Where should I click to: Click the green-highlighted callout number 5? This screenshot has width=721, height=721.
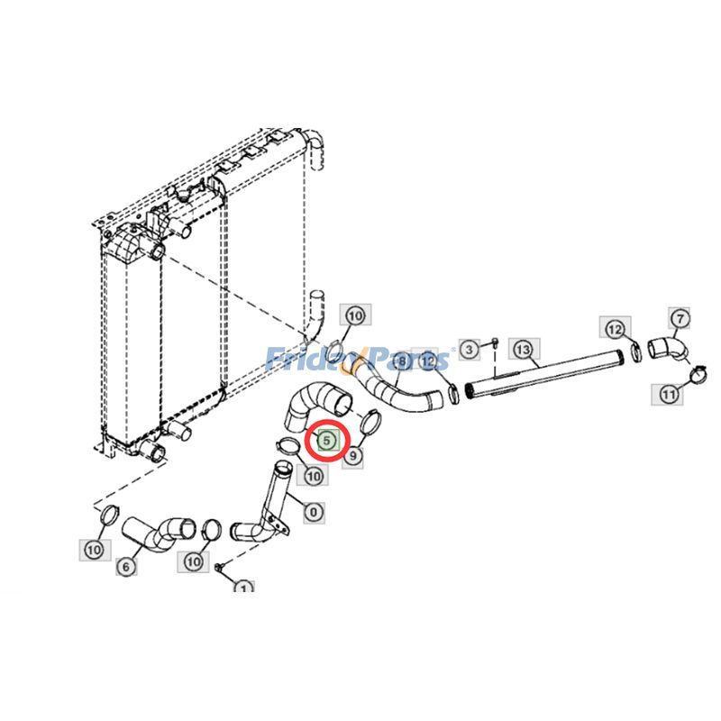(327, 441)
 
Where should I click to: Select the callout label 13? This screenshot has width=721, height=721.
(523, 348)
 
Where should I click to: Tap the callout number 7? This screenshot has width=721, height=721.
(680, 317)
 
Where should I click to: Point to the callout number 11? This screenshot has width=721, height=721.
(668, 393)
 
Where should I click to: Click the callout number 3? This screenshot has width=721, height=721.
(468, 348)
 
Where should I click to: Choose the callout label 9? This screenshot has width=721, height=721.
(352, 456)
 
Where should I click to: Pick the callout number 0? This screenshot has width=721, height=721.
(314, 512)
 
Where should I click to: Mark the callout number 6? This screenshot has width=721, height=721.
(126, 566)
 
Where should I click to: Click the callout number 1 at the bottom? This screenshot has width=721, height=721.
(242, 589)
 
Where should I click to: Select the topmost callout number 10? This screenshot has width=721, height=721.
(354, 315)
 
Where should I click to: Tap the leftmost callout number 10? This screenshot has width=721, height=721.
(94, 548)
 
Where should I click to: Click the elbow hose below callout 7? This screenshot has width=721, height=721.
(665, 348)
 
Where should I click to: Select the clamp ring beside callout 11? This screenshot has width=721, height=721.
(697, 371)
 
